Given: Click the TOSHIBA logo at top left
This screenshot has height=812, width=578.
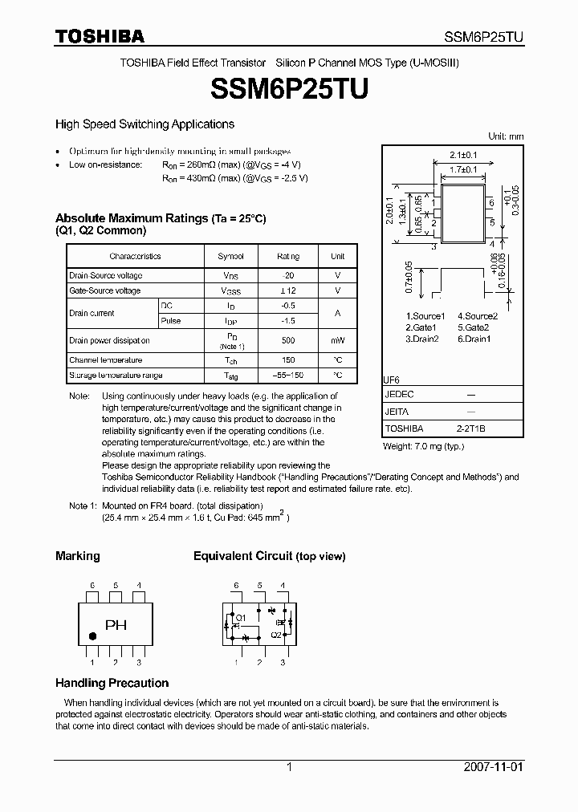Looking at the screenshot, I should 100,36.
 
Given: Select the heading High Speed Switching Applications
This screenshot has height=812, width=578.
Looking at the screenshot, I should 144,124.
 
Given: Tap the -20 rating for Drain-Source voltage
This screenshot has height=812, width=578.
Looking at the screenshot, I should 288,275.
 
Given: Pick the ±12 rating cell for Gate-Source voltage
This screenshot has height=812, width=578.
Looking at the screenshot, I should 288,290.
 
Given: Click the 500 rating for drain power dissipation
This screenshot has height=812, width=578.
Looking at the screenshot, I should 288,340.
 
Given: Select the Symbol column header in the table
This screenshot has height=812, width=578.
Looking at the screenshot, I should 230,256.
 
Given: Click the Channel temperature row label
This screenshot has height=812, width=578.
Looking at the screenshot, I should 105,360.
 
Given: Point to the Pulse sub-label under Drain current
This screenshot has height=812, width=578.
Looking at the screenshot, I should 171,321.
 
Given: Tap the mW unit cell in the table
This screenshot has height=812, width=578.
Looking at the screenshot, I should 337,340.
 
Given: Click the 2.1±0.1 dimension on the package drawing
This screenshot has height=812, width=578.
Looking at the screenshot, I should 463,154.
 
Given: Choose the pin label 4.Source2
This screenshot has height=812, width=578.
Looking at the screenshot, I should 478,316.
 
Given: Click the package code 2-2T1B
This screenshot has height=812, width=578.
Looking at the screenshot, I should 471,429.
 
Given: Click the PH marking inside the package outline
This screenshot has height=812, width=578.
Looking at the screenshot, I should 116,625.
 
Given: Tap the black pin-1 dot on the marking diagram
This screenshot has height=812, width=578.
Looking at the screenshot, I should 92,636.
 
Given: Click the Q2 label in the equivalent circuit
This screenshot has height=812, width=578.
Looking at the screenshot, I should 275,634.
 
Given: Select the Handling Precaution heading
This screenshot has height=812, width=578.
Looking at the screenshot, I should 112,684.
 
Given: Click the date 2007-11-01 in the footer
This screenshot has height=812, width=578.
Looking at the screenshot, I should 493,767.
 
